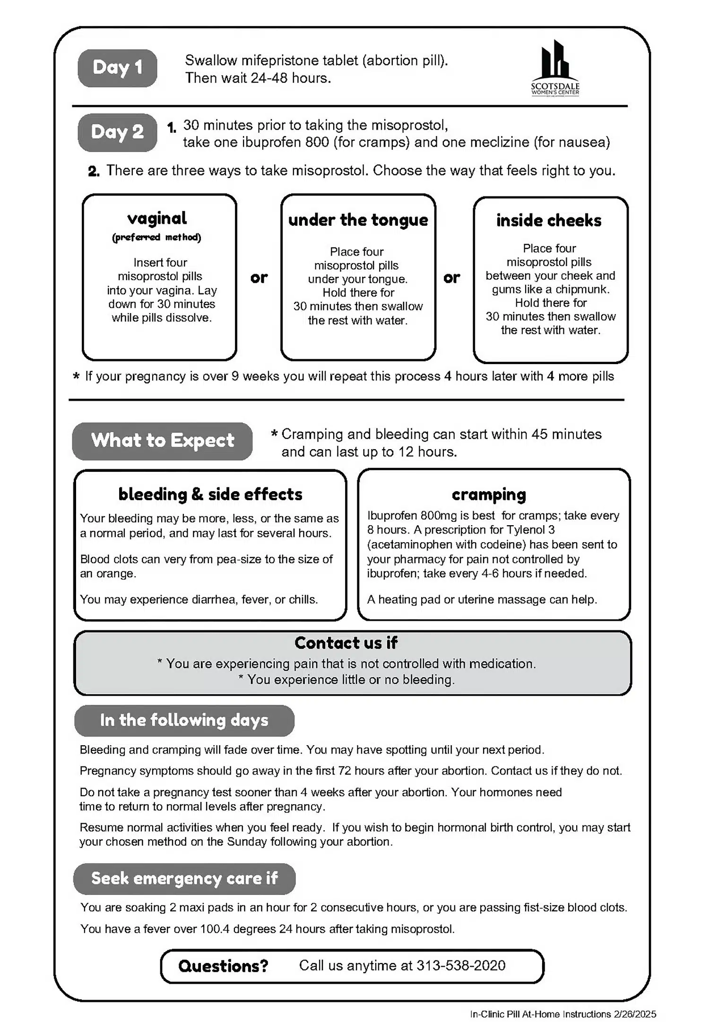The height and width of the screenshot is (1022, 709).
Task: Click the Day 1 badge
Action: click(x=117, y=68)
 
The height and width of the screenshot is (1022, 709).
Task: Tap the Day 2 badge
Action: click(x=117, y=132)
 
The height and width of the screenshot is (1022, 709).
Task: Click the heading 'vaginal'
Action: click(x=157, y=218)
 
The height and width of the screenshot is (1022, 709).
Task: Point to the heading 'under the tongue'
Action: click(x=358, y=220)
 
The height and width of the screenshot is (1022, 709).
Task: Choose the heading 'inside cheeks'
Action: click(x=549, y=221)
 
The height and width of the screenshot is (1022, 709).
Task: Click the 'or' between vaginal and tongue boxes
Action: click(x=259, y=278)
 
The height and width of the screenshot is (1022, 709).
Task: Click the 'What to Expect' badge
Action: click(x=162, y=441)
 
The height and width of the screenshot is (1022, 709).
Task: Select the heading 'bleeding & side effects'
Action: click(x=210, y=494)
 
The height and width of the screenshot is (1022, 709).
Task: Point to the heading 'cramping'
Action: click(x=489, y=494)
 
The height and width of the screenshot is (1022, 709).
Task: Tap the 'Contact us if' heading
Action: click(x=346, y=643)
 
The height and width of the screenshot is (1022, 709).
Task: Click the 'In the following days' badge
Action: click(x=184, y=720)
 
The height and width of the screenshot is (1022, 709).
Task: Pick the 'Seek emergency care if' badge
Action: click(x=184, y=878)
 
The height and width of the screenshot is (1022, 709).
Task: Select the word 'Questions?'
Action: click(x=223, y=966)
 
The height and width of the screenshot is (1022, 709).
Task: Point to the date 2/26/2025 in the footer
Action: click(x=635, y=1014)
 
